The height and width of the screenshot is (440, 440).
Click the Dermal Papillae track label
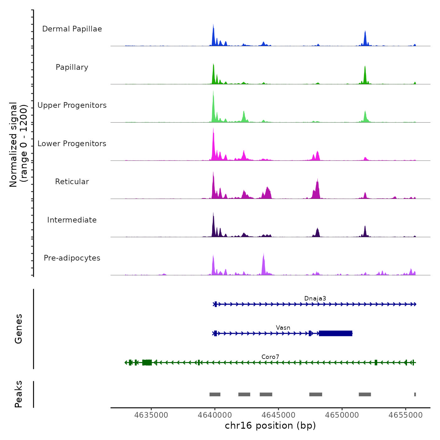click(72, 29)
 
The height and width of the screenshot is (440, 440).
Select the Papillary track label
click(72, 67)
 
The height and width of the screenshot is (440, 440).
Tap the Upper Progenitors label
click(72, 105)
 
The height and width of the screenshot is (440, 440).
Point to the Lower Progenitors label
click(72, 144)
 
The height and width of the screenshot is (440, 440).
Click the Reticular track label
click(72, 182)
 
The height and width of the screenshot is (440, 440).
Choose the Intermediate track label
click(72, 220)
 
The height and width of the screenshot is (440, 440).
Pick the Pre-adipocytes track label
click(72, 258)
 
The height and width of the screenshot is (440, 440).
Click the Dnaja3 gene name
click(315, 299)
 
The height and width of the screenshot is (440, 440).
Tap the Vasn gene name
click(283, 328)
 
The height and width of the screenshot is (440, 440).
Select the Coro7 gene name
click(270, 357)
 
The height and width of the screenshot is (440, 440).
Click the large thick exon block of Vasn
click(335, 333)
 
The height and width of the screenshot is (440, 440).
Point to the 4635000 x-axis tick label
click(151, 415)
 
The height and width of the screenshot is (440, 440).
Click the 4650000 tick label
click(342, 415)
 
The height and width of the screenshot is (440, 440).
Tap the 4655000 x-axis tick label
click(405, 415)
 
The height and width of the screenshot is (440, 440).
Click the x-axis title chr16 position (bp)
click(270, 426)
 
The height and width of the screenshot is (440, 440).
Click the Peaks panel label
click(19, 394)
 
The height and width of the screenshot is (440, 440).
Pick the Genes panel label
click(19, 329)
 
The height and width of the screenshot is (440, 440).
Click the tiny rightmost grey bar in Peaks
click(415, 394)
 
